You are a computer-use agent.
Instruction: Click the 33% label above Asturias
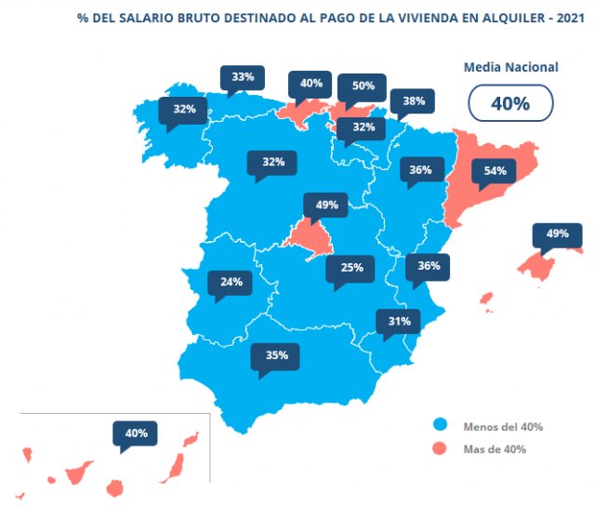coord(243,77)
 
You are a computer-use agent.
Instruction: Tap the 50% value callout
coord(363,86)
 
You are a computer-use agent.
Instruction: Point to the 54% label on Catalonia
coord(495,171)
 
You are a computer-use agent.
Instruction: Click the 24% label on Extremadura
coord(231,282)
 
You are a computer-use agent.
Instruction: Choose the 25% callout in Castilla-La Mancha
coord(351,268)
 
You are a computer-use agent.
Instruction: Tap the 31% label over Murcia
coord(400,321)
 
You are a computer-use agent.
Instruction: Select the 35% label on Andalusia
coord(276,355)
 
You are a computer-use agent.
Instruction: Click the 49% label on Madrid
coord(325,205)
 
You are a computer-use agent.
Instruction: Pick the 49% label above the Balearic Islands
coord(557,233)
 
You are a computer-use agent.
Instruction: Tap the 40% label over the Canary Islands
coord(136,433)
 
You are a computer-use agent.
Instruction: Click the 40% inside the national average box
coord(510,103)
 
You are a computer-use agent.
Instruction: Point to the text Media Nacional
coord(511,67)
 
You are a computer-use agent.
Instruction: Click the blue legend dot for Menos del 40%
coord(441,425)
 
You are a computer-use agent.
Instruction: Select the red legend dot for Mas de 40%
coord(441,449)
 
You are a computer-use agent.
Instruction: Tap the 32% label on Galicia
coord(184,109)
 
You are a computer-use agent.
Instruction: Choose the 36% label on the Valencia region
coord(429,265)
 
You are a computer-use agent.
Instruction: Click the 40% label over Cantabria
coord(311,83)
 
